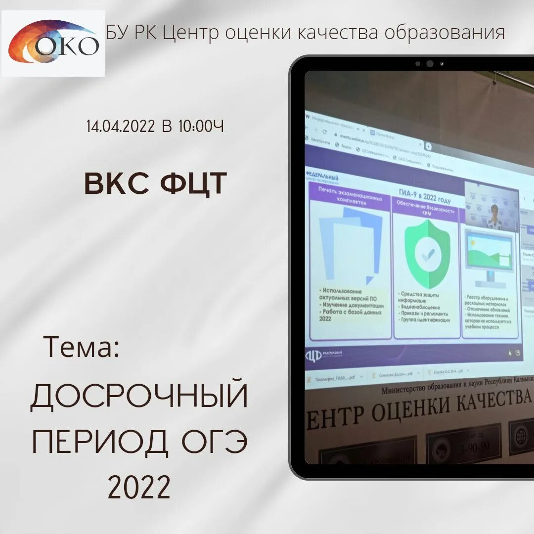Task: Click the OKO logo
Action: click(53, 43)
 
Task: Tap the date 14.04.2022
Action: click(121, 127)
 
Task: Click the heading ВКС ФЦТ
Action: click(155, 183)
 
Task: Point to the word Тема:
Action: click(82, 347)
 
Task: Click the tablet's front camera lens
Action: click(430, 64)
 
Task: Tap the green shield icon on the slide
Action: click(427, 254)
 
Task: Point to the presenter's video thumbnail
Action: click(491, 204)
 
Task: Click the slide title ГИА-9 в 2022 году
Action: click(424, 195)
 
